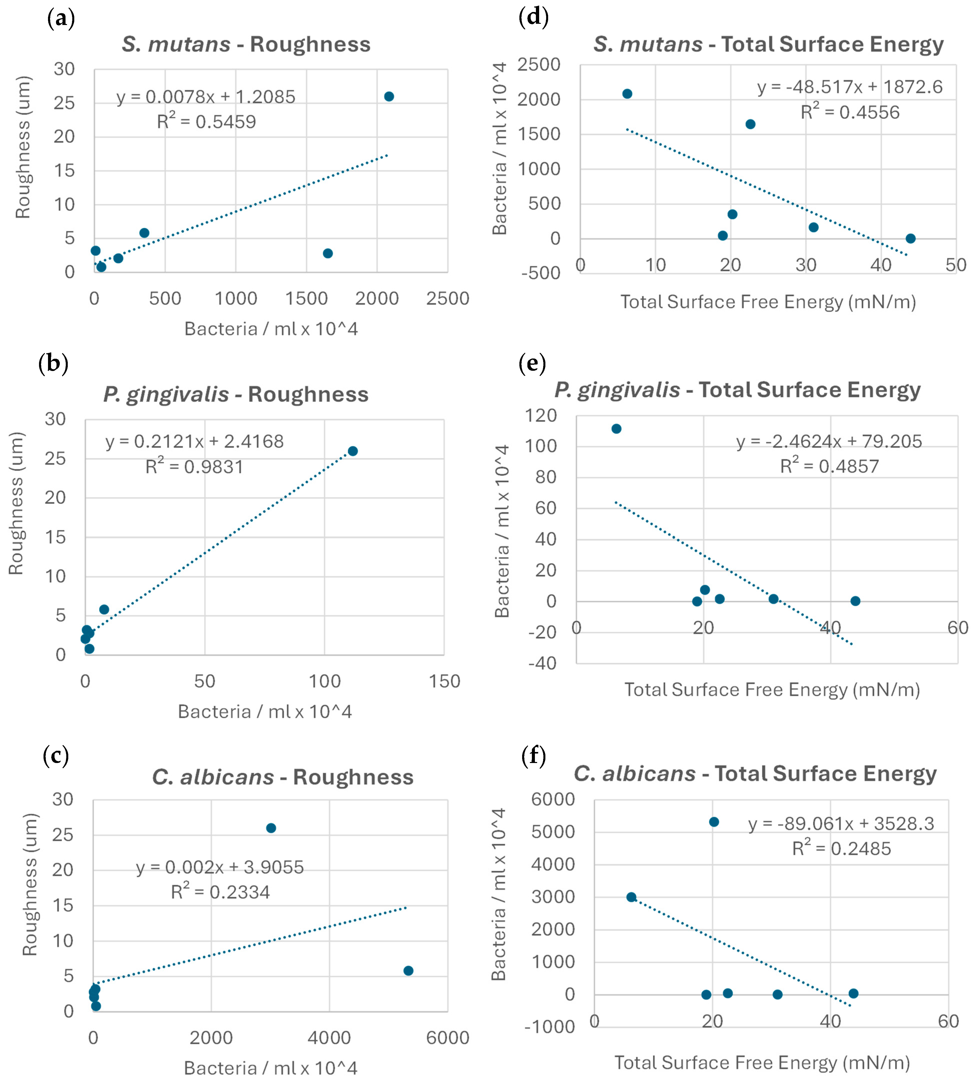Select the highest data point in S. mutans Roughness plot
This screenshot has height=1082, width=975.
(x=389, y=96)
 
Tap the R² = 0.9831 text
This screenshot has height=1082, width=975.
(x=195, y=466)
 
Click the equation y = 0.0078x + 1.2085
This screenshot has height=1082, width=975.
(x=206, y=97)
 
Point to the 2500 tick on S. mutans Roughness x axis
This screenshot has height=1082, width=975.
(x=447, y=298)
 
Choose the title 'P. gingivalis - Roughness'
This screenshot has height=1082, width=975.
(x=236, y=394)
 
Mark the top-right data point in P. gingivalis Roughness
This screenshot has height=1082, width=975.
(x=353, y=451)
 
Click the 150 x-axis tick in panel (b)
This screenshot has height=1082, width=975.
(x=444, y=681)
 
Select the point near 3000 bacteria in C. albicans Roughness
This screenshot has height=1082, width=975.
(x=271, y=828)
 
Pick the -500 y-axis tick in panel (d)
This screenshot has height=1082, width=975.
(x=541, y=273)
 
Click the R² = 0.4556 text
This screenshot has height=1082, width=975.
(x=850, y=112)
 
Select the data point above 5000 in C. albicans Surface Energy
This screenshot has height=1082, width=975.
(x=714, y=822)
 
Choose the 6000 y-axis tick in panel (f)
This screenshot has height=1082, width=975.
(x=553, y=799)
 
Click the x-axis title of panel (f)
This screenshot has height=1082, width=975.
(x=762, y=1062)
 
